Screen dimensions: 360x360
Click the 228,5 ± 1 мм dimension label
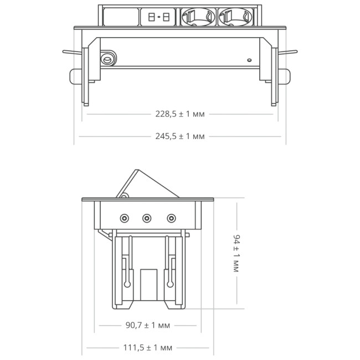click(x=180, y=115)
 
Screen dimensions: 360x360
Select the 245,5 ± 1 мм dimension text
click(x=180, y=136)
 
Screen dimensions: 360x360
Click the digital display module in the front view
click(x=159, y=17)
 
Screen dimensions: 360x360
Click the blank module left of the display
click(x=119, y=17)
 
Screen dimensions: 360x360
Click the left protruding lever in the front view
click(x=73, y=53)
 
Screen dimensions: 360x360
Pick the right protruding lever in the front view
click(x=287, y=53)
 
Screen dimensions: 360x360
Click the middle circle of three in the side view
click(x=147, y=218)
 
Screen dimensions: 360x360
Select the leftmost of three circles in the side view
click(x=125, y=218)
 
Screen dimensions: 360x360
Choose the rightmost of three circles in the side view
click(x=172, y=218)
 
